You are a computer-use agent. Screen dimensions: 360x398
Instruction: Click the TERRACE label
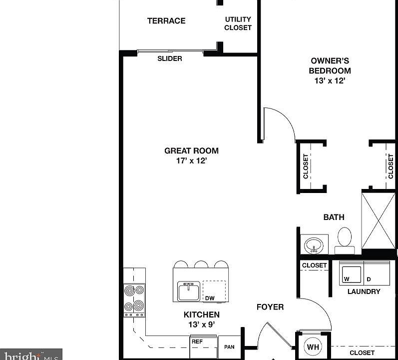[166, 20]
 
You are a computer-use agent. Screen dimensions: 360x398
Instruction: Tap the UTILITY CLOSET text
[238, 23]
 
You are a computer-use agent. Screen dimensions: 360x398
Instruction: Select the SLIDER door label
[170, 58]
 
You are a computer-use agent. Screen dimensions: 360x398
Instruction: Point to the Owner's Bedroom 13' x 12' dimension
[330, 80]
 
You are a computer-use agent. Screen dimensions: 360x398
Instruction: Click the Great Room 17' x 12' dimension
[191, 160]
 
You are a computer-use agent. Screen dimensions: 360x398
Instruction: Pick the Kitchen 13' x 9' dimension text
[201, 324]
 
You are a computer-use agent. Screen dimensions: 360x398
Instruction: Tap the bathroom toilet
[345, 239]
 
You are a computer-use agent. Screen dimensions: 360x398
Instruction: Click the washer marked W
[351, 273]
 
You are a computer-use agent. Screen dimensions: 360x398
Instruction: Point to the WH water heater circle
[313, 346]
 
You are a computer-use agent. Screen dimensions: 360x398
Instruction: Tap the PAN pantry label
[229, 346]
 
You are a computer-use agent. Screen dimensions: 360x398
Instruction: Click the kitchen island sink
[189, 290]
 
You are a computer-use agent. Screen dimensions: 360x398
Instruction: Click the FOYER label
[270, 306]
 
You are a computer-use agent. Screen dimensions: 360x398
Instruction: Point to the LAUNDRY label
[364, 291]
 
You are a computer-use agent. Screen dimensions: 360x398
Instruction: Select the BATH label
[334, 217]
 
